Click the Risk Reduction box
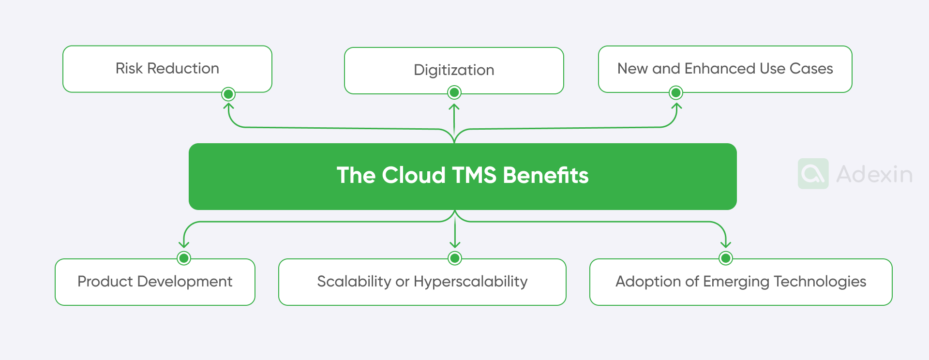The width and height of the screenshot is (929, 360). tap(167, 69)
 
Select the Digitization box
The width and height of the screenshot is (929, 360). tap(454, 70)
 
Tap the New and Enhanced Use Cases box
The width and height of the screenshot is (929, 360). tap(725, 69)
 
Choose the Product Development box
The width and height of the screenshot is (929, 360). tap(155, 282)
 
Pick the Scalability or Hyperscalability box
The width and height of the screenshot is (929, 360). tap(422, 282)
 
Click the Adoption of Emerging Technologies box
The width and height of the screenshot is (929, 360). tap(740, 282)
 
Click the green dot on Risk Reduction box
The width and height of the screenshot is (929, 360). tap(228, 94)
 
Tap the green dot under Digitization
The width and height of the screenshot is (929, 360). tap(454, 92)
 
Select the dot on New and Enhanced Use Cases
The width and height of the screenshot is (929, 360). tap(676, 92)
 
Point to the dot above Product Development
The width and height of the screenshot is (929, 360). tap(184, 258)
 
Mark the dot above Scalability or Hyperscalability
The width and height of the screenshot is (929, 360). tap(455, 258)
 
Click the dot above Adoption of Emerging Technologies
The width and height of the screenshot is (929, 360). tap(725, 258)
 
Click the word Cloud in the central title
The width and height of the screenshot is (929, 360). tap(414, 175)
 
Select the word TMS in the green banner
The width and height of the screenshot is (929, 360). tap(474, 175)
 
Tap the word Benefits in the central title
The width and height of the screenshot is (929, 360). tap(545, 175)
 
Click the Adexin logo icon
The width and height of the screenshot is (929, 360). tap(813, 174)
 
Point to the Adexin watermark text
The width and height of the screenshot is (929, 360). tap(874, 174)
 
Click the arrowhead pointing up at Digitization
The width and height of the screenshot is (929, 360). tap(454, 107)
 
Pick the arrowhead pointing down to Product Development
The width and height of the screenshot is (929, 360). tap(184, 244)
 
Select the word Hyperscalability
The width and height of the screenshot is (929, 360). tap(470, 282)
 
